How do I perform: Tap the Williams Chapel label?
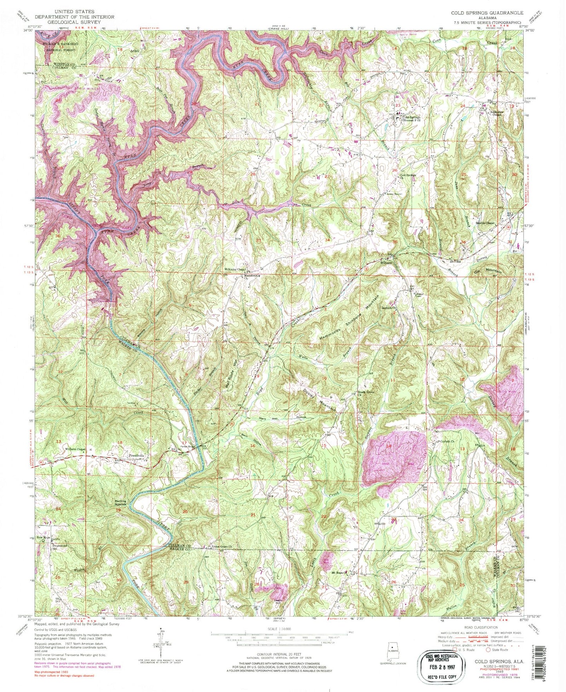point(75,449)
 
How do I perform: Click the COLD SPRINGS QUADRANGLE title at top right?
point(487,13)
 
